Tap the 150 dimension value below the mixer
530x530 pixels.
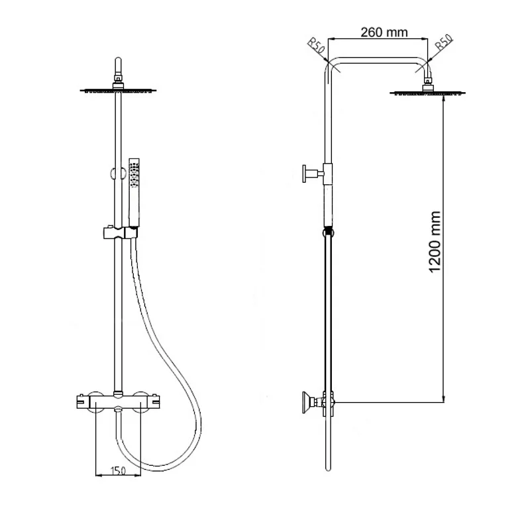pos(118,471)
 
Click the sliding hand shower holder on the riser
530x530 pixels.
pos(119,233)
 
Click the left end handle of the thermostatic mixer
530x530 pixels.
pos(80,400)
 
